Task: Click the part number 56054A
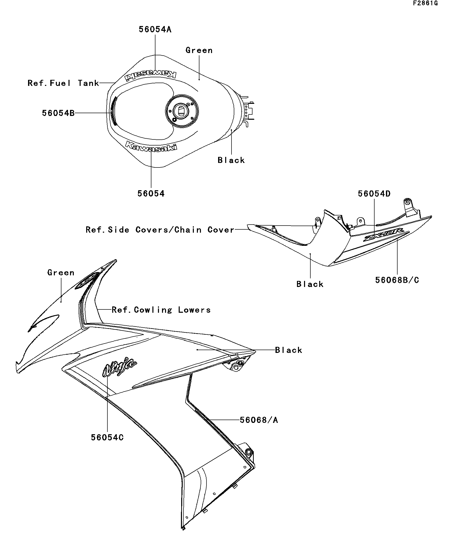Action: click(155, 30)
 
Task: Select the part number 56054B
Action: click(58, 113)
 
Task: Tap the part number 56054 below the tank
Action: click(151, 193)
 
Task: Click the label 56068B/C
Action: click(397, 280)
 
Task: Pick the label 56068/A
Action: click(259, 420)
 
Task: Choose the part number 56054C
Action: click(107, 437)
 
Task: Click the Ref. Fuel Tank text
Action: click(63, 83)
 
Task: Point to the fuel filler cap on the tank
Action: click(181, 111)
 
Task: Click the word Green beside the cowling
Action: click(61, 272)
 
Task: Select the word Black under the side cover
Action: click(310, 284)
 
